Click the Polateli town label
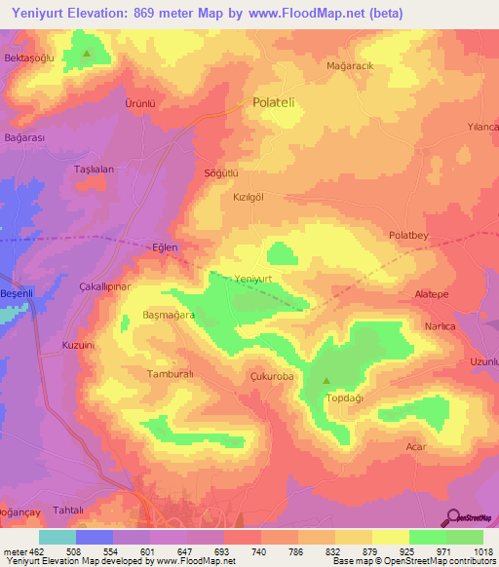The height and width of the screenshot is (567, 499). click(x=279, y=101)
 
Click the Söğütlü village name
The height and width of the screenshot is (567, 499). click(x=220, y=173)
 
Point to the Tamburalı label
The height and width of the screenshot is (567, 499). click(x=172, y=374)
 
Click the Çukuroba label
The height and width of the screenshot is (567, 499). click(x=272, y=373)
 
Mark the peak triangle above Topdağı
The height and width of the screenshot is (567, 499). click(x=326, y=381)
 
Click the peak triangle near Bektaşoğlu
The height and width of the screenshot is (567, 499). click(x=88, y=53)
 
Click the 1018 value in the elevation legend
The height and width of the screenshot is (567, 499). click(x=484, y=550)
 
